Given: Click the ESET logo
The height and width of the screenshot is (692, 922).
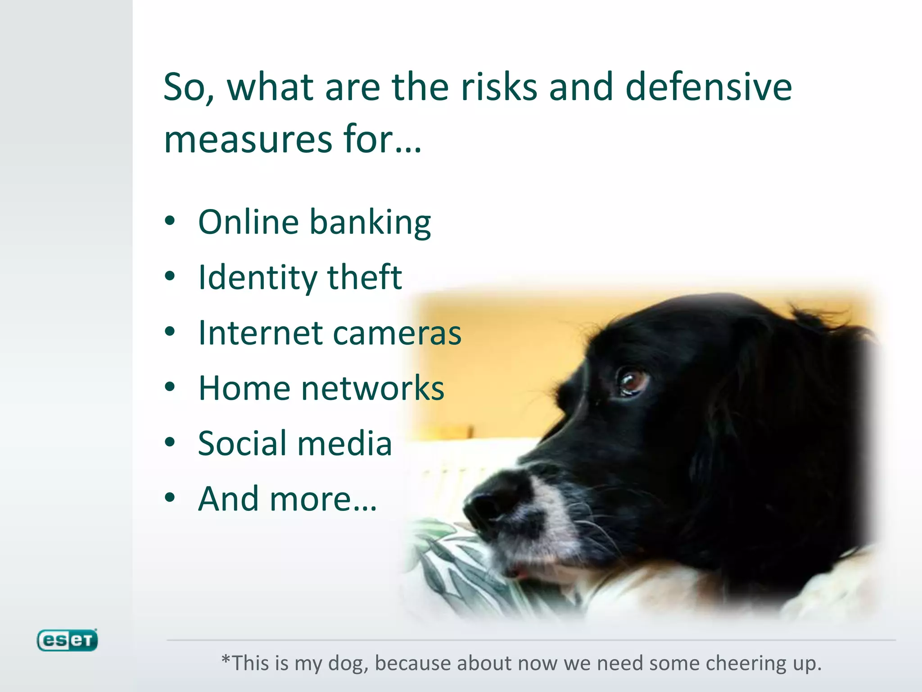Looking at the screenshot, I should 67,640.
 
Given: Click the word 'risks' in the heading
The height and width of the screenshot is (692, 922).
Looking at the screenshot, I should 499,87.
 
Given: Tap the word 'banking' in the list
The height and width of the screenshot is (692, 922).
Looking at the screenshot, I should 370,223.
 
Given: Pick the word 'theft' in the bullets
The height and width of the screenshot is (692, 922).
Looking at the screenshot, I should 364,277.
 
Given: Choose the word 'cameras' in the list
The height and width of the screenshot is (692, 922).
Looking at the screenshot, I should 397,333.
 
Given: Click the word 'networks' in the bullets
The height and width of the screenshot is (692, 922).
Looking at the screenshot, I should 372,388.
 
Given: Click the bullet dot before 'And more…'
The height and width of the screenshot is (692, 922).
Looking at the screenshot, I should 170,498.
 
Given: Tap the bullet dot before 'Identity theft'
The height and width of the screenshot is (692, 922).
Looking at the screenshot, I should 170,276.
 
